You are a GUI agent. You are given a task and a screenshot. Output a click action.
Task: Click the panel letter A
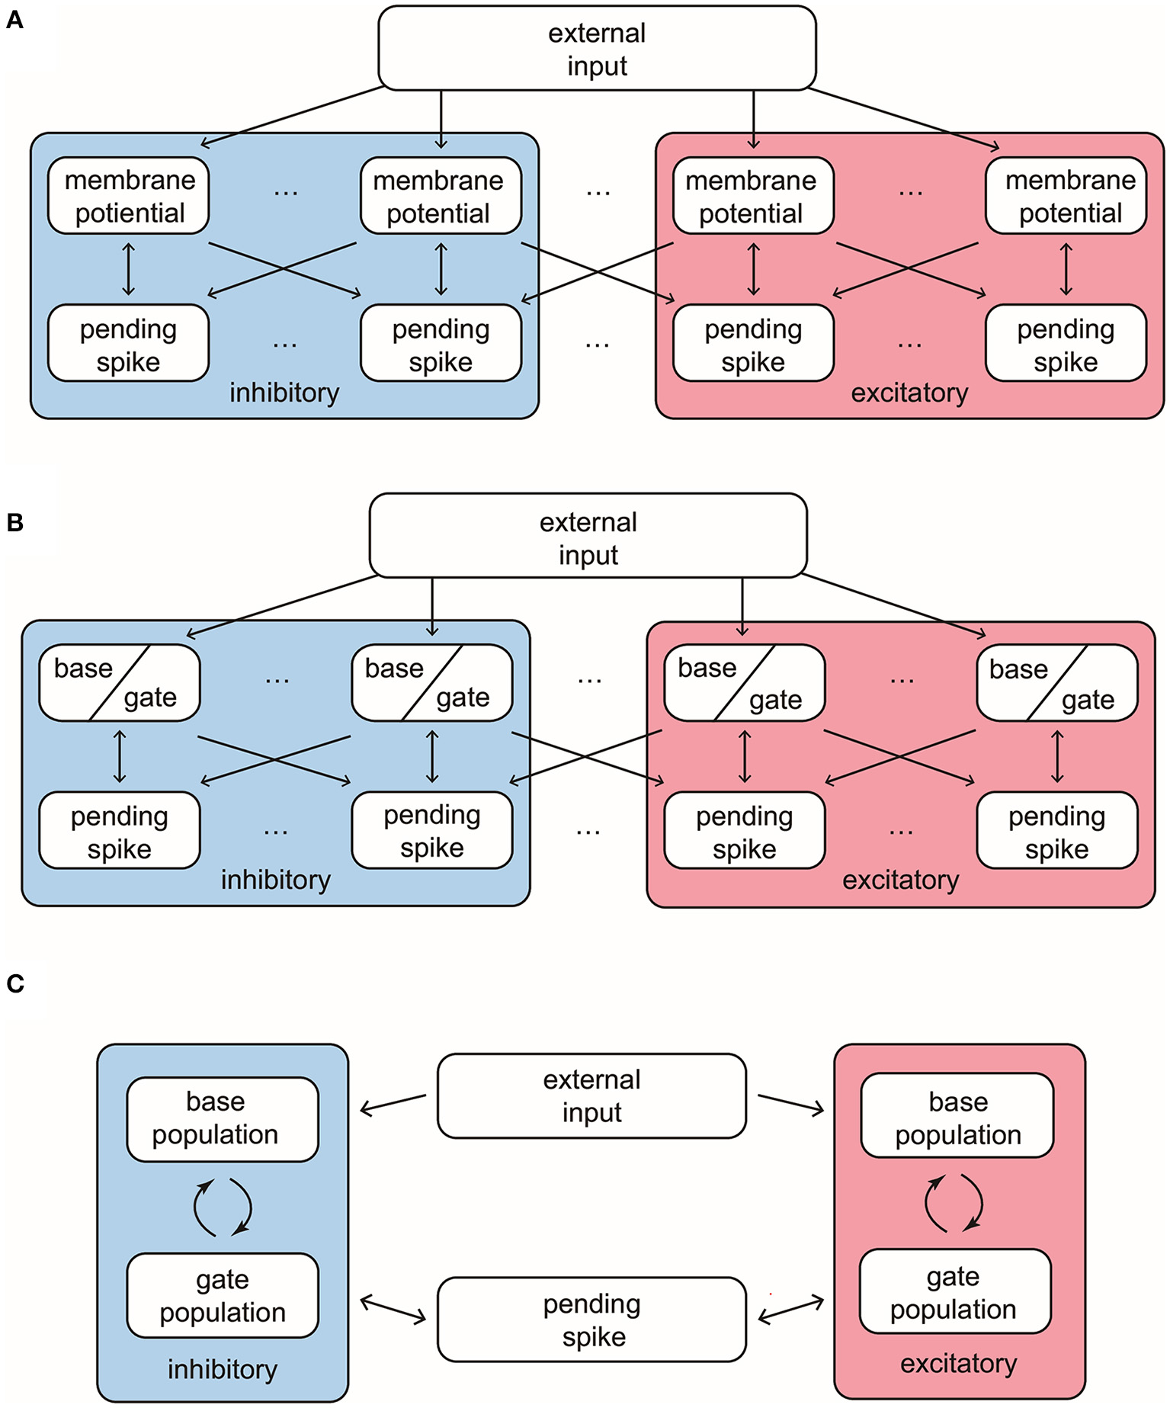[x=14, y=20]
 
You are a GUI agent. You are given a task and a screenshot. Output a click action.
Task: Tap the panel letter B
[x=14, y=522]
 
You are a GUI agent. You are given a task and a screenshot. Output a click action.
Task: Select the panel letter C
[x=15, y=983]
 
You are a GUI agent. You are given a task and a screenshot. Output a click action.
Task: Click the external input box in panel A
[x=596, y=49]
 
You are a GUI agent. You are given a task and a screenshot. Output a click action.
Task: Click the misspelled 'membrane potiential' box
[x=129, y=196]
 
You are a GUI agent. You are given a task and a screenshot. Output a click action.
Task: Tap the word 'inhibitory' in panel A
[x=284, y=393]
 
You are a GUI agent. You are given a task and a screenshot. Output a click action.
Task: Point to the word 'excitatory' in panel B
[x=900, y=880]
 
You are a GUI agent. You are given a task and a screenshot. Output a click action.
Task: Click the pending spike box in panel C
[x=591, y=1320]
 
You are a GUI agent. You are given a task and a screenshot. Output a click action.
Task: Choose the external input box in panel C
[x=591, y=1095]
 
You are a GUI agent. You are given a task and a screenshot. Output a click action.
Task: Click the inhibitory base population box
[x=222, y=1118]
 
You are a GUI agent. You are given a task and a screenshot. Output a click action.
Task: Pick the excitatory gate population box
[x=954, y=1291]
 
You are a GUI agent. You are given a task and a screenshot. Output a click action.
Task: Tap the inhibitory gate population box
[x=222, y=1295]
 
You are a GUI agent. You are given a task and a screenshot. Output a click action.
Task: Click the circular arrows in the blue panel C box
[x=222, y=1207]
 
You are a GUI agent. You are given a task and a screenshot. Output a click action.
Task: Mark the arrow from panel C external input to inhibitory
[x=393, y=1104]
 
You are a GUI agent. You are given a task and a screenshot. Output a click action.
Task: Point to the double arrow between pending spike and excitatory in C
[x=791, y=1310]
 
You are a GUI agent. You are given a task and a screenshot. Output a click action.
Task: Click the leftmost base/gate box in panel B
[x=120, y=683]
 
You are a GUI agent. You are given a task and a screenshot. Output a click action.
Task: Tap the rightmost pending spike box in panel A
[x=1065, y=344]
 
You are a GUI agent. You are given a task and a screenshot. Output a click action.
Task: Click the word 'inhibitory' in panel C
[x=222, y=1369]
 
